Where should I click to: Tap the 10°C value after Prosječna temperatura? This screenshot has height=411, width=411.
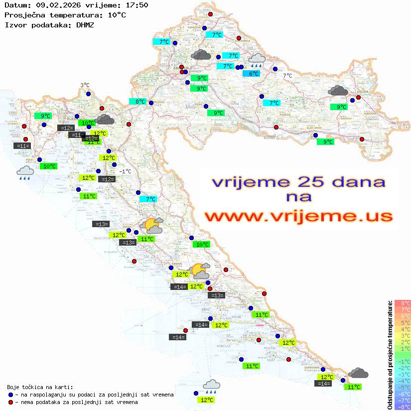116,14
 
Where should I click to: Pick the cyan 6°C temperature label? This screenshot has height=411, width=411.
254,74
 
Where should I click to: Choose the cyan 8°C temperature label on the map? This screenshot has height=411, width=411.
140,102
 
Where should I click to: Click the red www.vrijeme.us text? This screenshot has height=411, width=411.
298,217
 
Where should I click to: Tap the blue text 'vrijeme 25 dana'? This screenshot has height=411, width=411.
298,182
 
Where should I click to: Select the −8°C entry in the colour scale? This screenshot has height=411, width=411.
403,407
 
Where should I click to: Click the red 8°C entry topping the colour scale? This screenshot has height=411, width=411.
403,303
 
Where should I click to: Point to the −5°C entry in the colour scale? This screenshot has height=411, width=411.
403,388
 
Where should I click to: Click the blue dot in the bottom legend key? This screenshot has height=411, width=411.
11,395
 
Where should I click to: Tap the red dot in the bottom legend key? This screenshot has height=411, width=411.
11,402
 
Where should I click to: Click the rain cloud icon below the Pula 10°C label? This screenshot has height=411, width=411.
25,173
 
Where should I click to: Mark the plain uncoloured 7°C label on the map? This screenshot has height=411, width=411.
287,76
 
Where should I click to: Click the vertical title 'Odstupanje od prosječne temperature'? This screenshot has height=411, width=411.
390,355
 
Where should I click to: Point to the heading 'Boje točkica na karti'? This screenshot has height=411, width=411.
40,387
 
